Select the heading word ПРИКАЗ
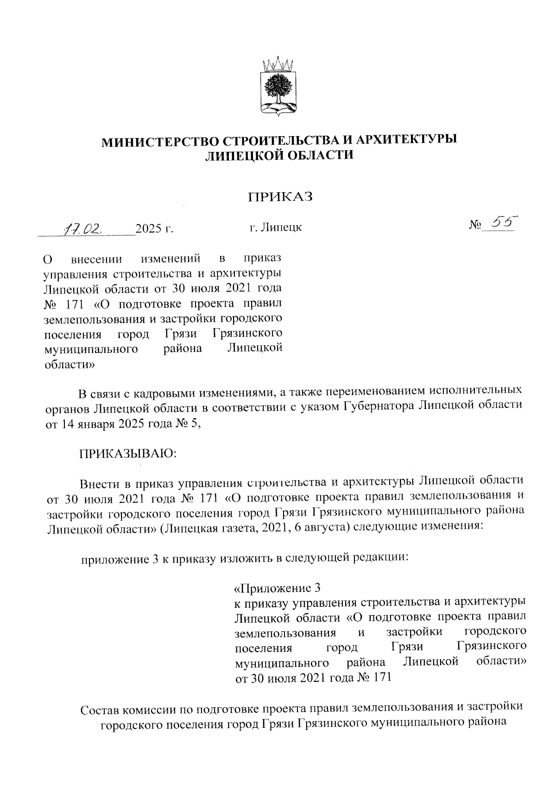[280, 197]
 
